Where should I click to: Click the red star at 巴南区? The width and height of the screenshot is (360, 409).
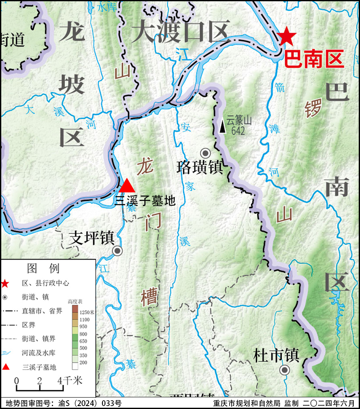click(x=286, y=36)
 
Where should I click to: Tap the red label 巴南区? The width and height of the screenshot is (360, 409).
click(x=314, y=59)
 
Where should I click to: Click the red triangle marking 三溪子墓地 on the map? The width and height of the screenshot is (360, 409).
click(x=127, y=186)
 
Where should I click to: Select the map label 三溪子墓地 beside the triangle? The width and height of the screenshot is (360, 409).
click(x=145, y=201)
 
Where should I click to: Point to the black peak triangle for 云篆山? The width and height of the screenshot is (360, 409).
click(x=222, y=127)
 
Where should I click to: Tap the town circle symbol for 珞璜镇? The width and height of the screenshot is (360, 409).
click(x=205, y=153)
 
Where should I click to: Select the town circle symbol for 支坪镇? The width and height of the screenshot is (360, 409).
click(x=117, y=251)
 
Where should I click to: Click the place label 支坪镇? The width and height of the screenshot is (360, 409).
click(x=92, y=238)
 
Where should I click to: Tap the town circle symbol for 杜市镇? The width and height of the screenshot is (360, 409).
click(x=285, y=370)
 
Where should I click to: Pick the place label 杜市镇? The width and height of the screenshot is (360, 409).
click(x=276, y=356)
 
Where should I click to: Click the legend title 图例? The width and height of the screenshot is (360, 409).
click(x=43, y=268)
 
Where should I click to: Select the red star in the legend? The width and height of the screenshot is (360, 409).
click(x=5, y=284)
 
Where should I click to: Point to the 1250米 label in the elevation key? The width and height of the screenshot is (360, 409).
click(x=87, y=312)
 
